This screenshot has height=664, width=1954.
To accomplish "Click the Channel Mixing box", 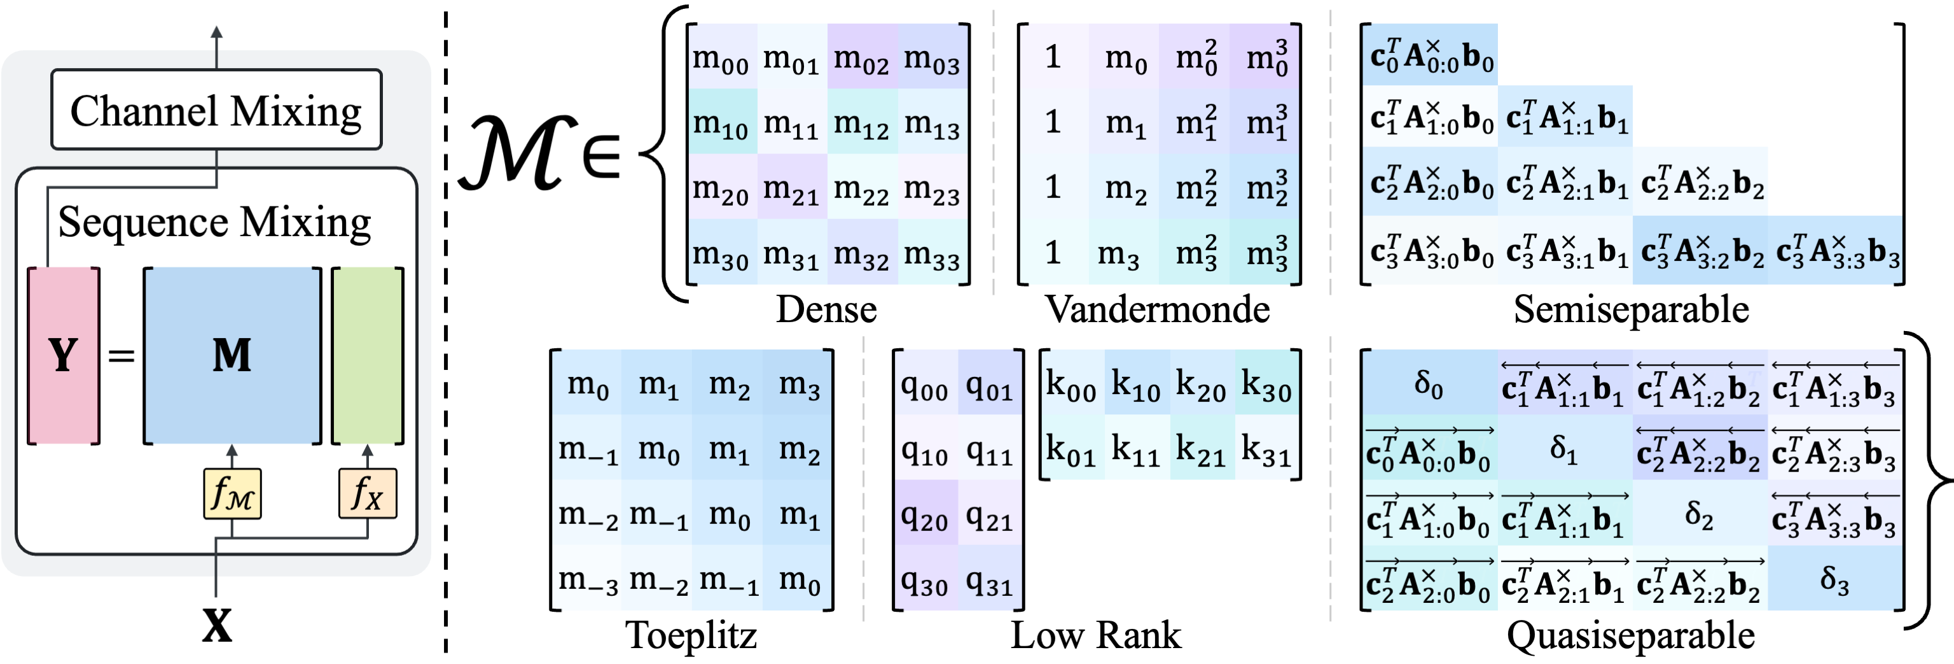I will [216, 110].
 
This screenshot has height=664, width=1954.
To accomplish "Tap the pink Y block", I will [64, 355].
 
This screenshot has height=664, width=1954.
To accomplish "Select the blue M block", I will [232, 355].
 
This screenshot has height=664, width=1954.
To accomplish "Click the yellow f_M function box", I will [232, 494].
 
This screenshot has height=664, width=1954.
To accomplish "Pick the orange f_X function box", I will [367, 494].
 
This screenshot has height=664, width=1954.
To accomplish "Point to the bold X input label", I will [217, 627].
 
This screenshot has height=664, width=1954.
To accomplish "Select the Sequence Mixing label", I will [214, 222].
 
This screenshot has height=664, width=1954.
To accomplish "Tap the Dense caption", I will [826, 309].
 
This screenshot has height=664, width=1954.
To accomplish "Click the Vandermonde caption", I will [1157, 309].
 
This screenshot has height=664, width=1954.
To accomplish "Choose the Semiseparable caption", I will [1631, 309].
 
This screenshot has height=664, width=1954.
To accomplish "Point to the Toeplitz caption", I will [691, 635].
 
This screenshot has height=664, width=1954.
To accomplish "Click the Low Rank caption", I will [1095, 635].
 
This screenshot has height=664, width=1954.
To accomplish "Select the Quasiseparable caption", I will [1630, 635].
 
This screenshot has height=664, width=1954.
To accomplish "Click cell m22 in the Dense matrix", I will [862, 187].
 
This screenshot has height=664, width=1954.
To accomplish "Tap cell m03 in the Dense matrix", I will [932, 58].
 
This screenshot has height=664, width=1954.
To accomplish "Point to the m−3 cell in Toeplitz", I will [588, 580].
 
